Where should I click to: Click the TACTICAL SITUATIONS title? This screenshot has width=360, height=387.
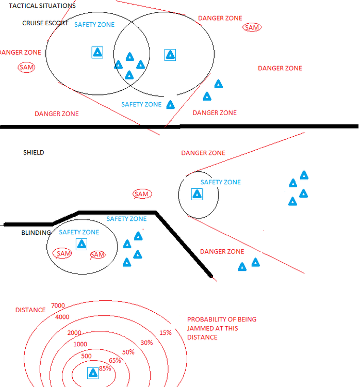point(42,5)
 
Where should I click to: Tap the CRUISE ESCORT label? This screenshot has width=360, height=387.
point(45,23)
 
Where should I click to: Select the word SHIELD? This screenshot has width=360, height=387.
point(34,153)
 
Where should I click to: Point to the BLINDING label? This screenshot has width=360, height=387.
point(36,233)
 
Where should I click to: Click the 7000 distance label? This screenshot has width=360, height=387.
point(58,305)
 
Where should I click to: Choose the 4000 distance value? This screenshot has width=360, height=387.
point(62,317)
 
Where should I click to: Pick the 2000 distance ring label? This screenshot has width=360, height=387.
point(74,333)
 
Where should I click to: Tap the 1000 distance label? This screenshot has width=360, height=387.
point(80,344)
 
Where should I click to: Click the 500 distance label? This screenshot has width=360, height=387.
point(86,356)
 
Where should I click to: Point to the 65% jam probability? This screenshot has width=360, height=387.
point(115,360)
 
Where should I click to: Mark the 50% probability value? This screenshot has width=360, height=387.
point(128,352)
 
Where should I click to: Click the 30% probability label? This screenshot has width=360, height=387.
point(146,343)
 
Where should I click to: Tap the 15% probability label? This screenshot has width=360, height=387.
point(166,333)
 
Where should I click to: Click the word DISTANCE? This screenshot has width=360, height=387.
point(30,310)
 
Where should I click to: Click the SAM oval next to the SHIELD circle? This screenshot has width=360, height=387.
point(141,194)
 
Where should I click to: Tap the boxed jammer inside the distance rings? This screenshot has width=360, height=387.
point(93,373)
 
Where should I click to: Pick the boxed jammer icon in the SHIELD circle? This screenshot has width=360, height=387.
point(197,194)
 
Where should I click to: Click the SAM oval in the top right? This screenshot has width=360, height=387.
point(252,27)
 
